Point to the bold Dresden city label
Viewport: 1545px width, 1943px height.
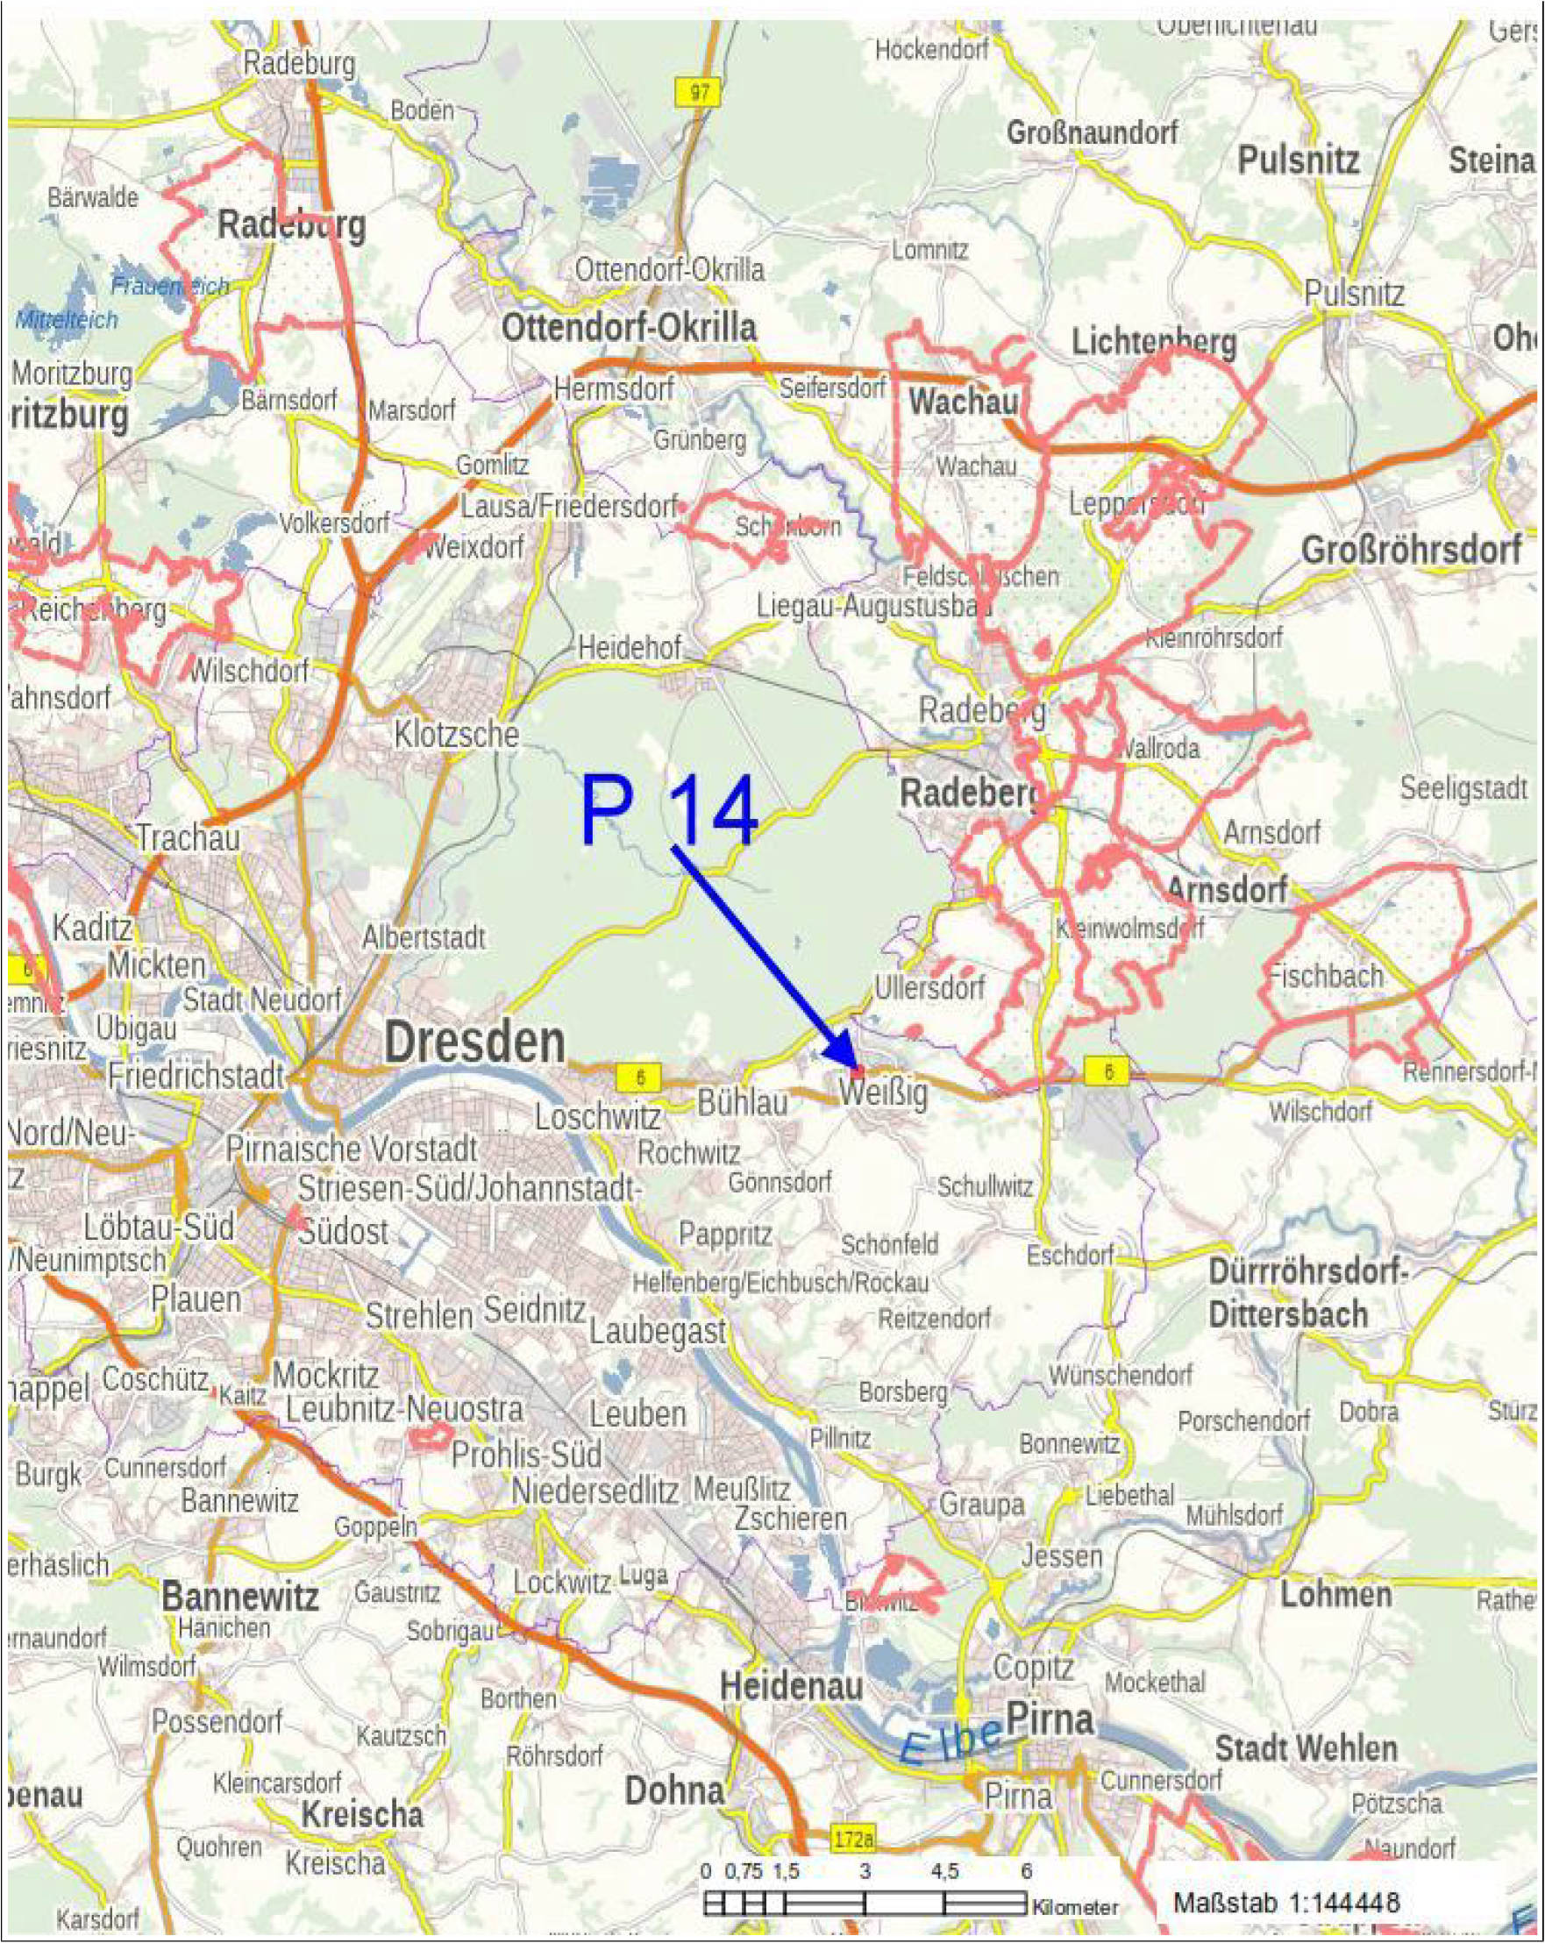(475, 1043)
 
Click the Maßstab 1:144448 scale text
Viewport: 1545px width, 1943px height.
(1286, 1903)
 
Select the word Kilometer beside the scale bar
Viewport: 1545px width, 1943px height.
(1075, 1907)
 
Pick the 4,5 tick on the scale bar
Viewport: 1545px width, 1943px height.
(943, 1872)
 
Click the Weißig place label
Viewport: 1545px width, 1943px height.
(882, 1094)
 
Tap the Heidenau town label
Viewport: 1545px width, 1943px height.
(792, 1685)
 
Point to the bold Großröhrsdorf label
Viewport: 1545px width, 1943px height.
(1412, 550)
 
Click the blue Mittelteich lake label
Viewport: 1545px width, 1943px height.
(67, 319)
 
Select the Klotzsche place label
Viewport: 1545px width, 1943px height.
(456, 735)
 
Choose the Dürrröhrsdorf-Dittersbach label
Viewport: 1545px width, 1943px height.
(1307, 1294)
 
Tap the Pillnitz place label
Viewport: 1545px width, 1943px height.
(840, 1438)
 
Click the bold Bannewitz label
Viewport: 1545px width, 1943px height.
(239, 1597)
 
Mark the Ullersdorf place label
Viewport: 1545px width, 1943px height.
(929, 988)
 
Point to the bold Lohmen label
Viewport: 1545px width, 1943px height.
(1336, 1594)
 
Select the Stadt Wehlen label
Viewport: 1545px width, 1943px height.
(1306, 1748)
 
